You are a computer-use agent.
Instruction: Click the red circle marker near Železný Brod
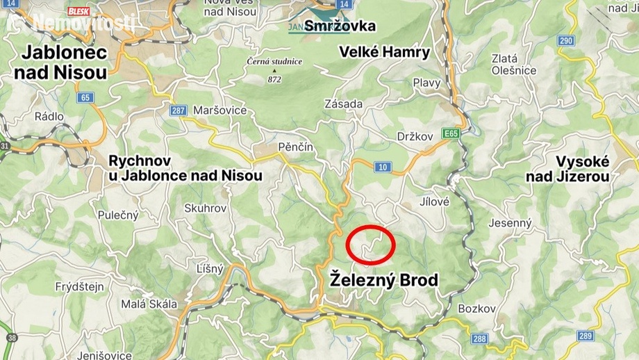[370, 245]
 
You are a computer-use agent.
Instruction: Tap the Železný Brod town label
[384, 281]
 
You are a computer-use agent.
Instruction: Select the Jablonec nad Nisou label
[64, 61]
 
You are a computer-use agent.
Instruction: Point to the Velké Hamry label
[385, 52]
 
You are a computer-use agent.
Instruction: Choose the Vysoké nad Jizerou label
[567, 168]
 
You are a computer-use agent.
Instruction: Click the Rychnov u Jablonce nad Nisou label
[185, 167]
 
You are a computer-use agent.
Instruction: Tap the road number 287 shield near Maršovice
[179, 111]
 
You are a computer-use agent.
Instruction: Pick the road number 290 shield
[566, 41]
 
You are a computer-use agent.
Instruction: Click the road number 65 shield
[86, 98]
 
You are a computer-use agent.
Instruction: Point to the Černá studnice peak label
[275, 62]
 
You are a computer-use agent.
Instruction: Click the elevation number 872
[275, 79]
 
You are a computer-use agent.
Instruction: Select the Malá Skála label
[149, 304]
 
